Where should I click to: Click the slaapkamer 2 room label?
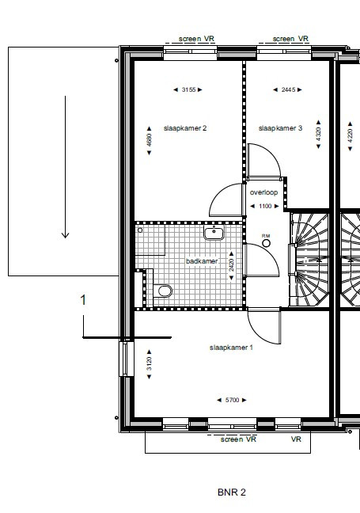pyautogui.click(x=185, y=128)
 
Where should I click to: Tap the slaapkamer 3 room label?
pyautogui.click(x=280, y=128)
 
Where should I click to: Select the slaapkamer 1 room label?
pyautogui.click(x=231, y=348)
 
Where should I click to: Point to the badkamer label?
pyautogui.click(x=202, y=261)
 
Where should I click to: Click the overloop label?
pyautogui.click(x=264, y=192)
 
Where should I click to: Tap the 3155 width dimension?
pyautogui.click(x=188, y=89)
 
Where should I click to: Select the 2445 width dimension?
pyautogui.click(x=288, y=89)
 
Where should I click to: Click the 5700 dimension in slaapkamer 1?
pyautogui.click(x=232, y=400)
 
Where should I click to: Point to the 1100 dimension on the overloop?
pyautogui.click(x=265, y=206)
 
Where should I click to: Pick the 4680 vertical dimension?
pyautogui.click(x=149, y=140)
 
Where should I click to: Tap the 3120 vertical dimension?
pyautogui.click(x=149, y=364)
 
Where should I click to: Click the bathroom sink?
pyautogui.click(x=214, y=233)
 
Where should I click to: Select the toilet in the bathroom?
pyautogui.click(x=163, y=291)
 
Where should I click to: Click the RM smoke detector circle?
pyautogui.click(x=266, y=243)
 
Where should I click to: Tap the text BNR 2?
pyautogui.click(x=232, y=492)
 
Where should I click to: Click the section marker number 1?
pyautogui.click(x=83, y=300)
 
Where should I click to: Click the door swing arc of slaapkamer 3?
pyautogui.click(x=271, y=153)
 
